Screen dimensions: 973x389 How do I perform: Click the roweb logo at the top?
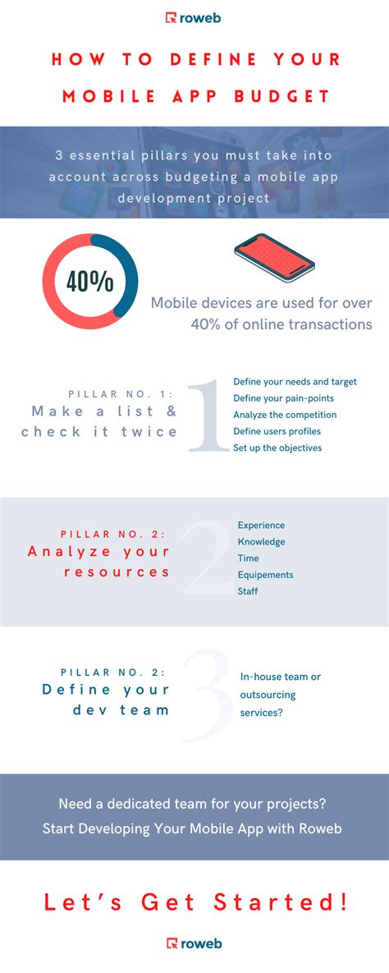pos(194,17)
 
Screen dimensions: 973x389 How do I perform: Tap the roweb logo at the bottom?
pos(194,943)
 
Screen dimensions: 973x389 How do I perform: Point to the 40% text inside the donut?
pos(90,281)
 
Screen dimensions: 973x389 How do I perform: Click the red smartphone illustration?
pos(275,257)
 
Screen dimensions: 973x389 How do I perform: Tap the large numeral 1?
pos(206,416)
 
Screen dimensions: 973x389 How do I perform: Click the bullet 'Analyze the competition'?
pos(285,415)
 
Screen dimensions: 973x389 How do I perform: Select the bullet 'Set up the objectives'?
pos(277,447)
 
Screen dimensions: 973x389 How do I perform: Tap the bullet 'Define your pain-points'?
pos(284,398)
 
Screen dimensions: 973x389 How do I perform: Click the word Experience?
pos(261,525)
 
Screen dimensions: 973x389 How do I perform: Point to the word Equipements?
pos(265,575)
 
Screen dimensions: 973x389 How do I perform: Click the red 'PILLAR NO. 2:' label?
pos(115,535)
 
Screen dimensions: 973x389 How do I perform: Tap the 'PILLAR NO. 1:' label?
pos(121,393)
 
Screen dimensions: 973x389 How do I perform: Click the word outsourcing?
pos(268,695)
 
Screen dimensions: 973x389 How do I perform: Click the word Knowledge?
pos(262,542)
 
